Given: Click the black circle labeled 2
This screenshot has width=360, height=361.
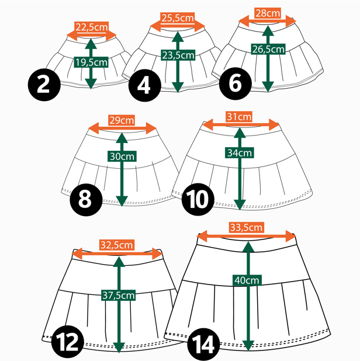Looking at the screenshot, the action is pyautogui.click(x=44, y=85).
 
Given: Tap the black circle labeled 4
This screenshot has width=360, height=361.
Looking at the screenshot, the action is pyautogui.click(x=145, y=85).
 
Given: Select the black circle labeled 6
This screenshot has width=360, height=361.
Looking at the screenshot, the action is pyautogui.click(x=236, y=84).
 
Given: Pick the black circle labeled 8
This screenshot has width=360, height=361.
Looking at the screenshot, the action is pyautogui.click(x=86, y=200).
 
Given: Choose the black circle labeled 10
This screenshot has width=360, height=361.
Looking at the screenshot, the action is pyautogui.click(x=198, y=199).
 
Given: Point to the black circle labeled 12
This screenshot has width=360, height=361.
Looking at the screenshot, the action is pyautogui.click(x=67, y=342).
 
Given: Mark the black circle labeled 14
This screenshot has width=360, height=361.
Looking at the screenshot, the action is pyautogui.click(x=203, y=345).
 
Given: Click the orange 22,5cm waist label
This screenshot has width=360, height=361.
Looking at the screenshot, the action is pyautogui.click(x=92, y=27).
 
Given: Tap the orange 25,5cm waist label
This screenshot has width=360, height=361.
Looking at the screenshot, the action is pyautogui.click(x=178, y=18).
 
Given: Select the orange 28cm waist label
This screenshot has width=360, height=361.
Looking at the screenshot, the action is pyautogui.click(x=268, y=13).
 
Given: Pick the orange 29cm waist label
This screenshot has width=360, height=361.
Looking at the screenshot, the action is pyautogui.click(x=122, y=120).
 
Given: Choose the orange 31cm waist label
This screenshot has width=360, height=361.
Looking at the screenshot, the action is pyautogui.click(x=239, y=117).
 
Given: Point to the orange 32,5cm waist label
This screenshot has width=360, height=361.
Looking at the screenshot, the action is pyautogui.click(x=117, y=245).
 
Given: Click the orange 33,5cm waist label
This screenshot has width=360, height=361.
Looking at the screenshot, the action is pyautogui.click(x=247, y=227).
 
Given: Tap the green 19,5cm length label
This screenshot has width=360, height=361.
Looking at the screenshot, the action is pyautogui.click(x=91, y=62).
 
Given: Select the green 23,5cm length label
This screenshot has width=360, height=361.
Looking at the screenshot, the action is pyautogui.click(x=178, y=55).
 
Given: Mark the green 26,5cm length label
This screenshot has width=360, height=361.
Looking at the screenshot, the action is pyautogui.click(x=268, y=49).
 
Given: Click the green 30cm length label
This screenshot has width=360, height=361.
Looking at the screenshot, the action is pyautogui.click(x=122, y=157).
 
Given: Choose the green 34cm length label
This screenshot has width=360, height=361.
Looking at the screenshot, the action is pyautogui.click(x=240, y=152).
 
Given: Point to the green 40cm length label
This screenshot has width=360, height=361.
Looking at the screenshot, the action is pyautogui.click(x=247, y=280).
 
